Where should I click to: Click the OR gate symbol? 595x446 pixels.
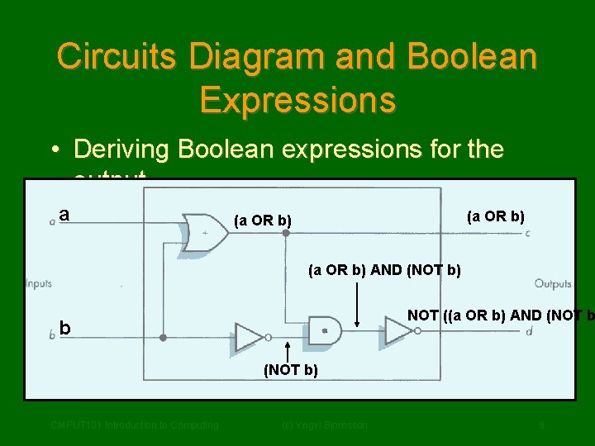coord(206,232)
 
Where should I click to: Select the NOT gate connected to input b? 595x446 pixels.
coord(250,336)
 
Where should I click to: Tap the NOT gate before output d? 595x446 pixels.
coord(401,330)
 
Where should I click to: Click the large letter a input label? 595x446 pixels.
coord(64,215)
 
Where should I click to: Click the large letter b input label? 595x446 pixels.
coord(64,329)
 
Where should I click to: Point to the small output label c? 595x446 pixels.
coord(528,233)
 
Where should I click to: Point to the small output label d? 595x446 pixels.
coord(528,331)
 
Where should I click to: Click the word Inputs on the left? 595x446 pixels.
coord(38,283)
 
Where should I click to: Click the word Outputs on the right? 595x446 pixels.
coord(553,284)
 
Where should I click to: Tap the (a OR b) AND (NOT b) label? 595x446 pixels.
coord(384,269)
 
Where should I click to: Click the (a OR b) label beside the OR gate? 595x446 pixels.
coord(263,221)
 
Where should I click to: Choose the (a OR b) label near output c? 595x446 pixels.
coord(496,216)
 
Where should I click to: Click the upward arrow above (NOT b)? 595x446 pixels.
coord(287,351)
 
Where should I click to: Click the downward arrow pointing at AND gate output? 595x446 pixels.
coord(357,301)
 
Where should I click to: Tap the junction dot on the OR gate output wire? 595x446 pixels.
coord(286,233)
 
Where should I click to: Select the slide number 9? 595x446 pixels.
coord(540,425)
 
